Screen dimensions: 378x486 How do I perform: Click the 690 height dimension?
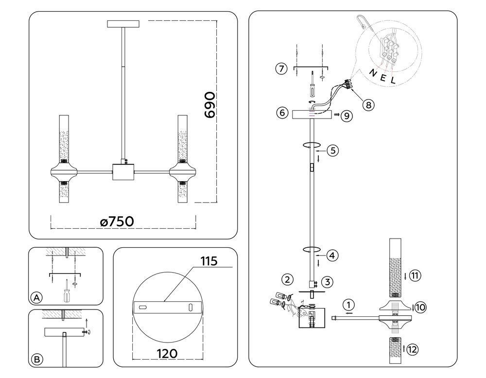(x=210, y=104)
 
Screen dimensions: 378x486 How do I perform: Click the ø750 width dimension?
(x=117, y=221)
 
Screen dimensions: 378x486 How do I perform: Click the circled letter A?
(x=35, y=297)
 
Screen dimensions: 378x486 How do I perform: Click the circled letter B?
(x=35, y=360)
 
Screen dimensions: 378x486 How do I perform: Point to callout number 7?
(x=280, y=69)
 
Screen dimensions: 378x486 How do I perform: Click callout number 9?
(x=346, y=116)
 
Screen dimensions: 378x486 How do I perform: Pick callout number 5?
(x=332, y=150)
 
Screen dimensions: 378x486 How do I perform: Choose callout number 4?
(x=332, y=254)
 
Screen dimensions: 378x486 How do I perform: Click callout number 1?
(x=348, y=305)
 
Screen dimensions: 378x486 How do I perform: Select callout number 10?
(x=420, y=307)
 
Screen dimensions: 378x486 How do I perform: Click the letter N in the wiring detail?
(x=372, y=72)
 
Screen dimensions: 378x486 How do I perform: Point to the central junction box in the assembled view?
(x=123, y=172)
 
